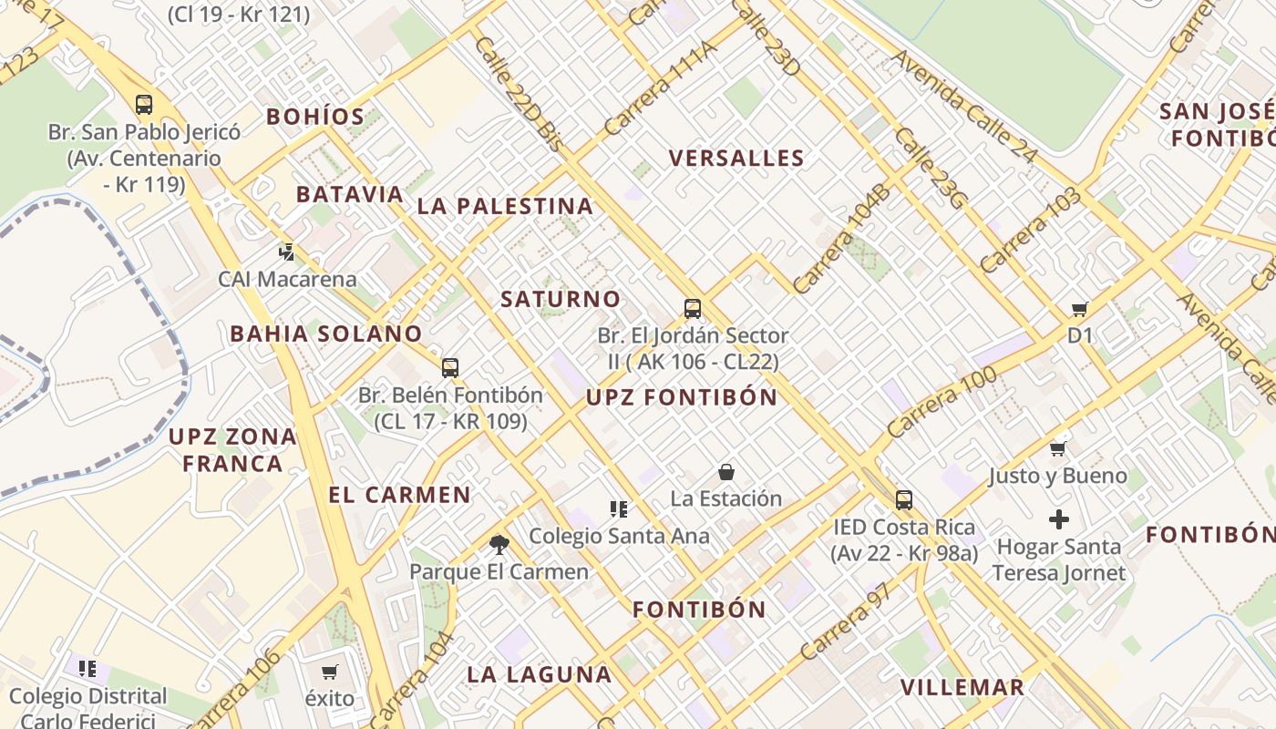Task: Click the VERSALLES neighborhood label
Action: click(736, 159)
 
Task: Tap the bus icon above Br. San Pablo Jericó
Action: click(144, 105)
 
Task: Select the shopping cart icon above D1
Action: click(1080, 310)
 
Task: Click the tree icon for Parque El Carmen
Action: click(499, 545)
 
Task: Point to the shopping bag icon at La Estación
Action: click(726, 472)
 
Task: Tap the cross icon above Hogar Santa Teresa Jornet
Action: click(1058, 519)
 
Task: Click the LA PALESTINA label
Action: click(505, 207)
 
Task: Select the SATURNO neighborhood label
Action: click(561, 299)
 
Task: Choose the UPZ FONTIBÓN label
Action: click(682, 397)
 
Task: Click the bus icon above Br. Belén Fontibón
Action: click(450, 368)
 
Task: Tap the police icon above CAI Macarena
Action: click(287, 252)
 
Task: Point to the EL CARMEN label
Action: click(399, 495)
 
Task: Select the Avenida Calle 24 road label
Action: click(963, 107)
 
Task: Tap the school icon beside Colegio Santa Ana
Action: click(619, 509)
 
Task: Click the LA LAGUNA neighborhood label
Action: click(539, 675)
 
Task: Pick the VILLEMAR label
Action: click(962, 687)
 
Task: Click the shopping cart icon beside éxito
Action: click(329, 672)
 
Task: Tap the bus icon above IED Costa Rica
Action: click(903, 500)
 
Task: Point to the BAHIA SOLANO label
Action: click(326, 334)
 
